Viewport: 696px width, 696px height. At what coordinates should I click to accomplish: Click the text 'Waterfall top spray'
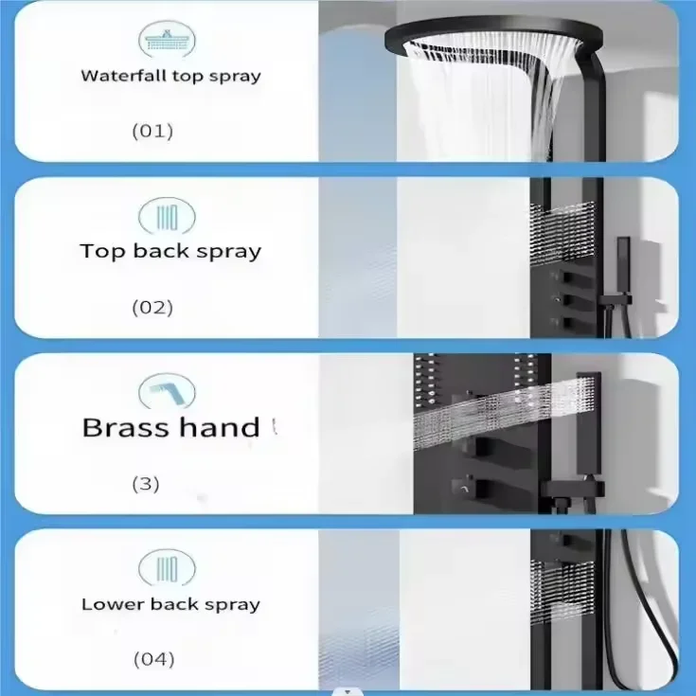[x=170, y=76]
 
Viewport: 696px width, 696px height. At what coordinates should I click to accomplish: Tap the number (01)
[x=152, y=131]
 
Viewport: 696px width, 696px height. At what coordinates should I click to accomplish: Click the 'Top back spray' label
[x=170, y=251]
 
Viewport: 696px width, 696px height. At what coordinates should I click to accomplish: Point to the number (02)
[x=152, y=307]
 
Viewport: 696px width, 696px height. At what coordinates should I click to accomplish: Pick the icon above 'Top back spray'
[x=168, y=217]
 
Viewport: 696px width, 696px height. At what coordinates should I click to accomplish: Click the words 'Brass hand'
[x=170, y=427]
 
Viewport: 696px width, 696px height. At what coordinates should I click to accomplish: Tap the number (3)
[x=145, y=484]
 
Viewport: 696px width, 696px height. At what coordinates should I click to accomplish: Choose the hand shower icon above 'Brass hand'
[x=168, y=391]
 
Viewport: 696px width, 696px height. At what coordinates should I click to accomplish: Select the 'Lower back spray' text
[x=170, y=604]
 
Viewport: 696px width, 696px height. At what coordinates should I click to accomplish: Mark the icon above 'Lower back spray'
[x=168, y=569]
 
